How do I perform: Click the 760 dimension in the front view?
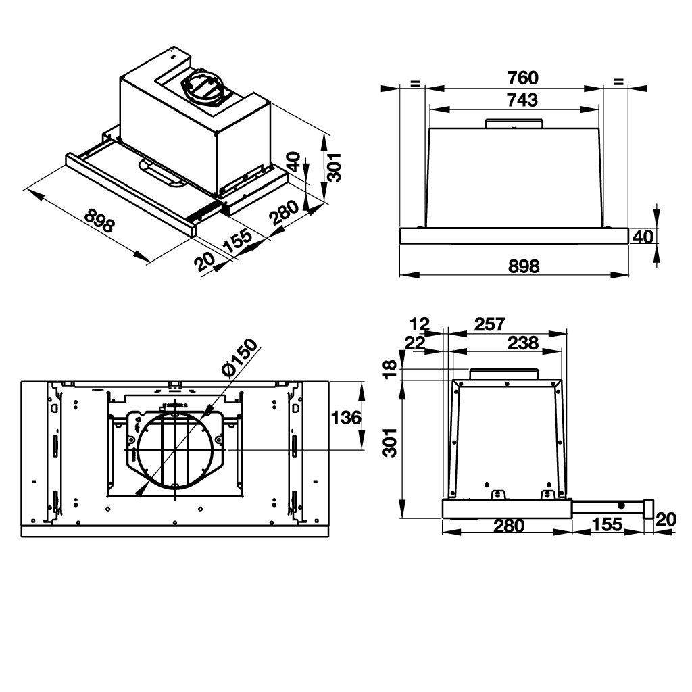522,77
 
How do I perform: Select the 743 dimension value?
521,100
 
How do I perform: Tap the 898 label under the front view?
522,266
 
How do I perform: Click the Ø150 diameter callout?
238,358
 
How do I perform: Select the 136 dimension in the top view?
346,418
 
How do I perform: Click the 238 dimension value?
523,343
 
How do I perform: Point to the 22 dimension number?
414,343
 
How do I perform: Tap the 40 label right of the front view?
644,237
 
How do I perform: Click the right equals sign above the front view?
618,82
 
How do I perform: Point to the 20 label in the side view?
666,519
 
